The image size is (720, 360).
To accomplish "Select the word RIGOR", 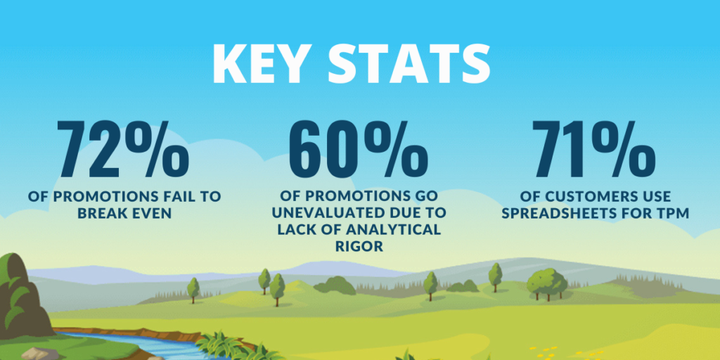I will click(359, 245).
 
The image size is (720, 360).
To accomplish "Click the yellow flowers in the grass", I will click(545, 350).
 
